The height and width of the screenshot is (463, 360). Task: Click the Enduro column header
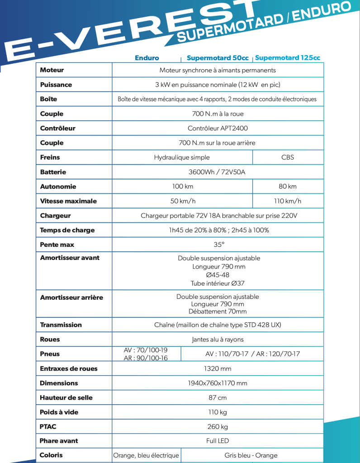point(147,58)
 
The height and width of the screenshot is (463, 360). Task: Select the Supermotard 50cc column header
point(218,58)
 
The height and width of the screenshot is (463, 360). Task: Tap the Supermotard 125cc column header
point(288,58)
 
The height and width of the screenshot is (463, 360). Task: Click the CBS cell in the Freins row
point(288,157)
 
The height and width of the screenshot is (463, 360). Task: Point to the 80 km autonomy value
point(288,186)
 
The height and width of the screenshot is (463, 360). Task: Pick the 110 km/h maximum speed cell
point(288,201)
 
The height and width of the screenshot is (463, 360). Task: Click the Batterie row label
point(53,172)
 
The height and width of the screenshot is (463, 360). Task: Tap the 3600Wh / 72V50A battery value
point(218,172)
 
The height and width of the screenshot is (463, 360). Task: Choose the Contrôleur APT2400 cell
point(218,128)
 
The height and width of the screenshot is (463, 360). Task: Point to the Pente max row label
point(57,245)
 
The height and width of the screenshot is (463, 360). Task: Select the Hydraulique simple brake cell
point(182,157)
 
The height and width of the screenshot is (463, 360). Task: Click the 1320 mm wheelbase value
point(218,369)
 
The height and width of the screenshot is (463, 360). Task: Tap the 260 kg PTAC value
point(218,426)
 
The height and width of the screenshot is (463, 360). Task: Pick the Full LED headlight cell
point(218,441)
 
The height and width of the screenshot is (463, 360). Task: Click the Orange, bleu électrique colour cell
point(146,455)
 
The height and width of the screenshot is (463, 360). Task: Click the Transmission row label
point(61,325)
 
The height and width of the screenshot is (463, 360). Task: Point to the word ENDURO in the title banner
point(321,13)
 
